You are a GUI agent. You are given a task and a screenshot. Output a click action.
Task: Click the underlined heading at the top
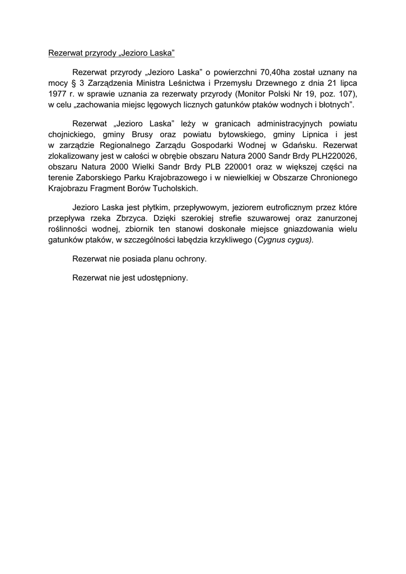[x=112, y=53]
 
